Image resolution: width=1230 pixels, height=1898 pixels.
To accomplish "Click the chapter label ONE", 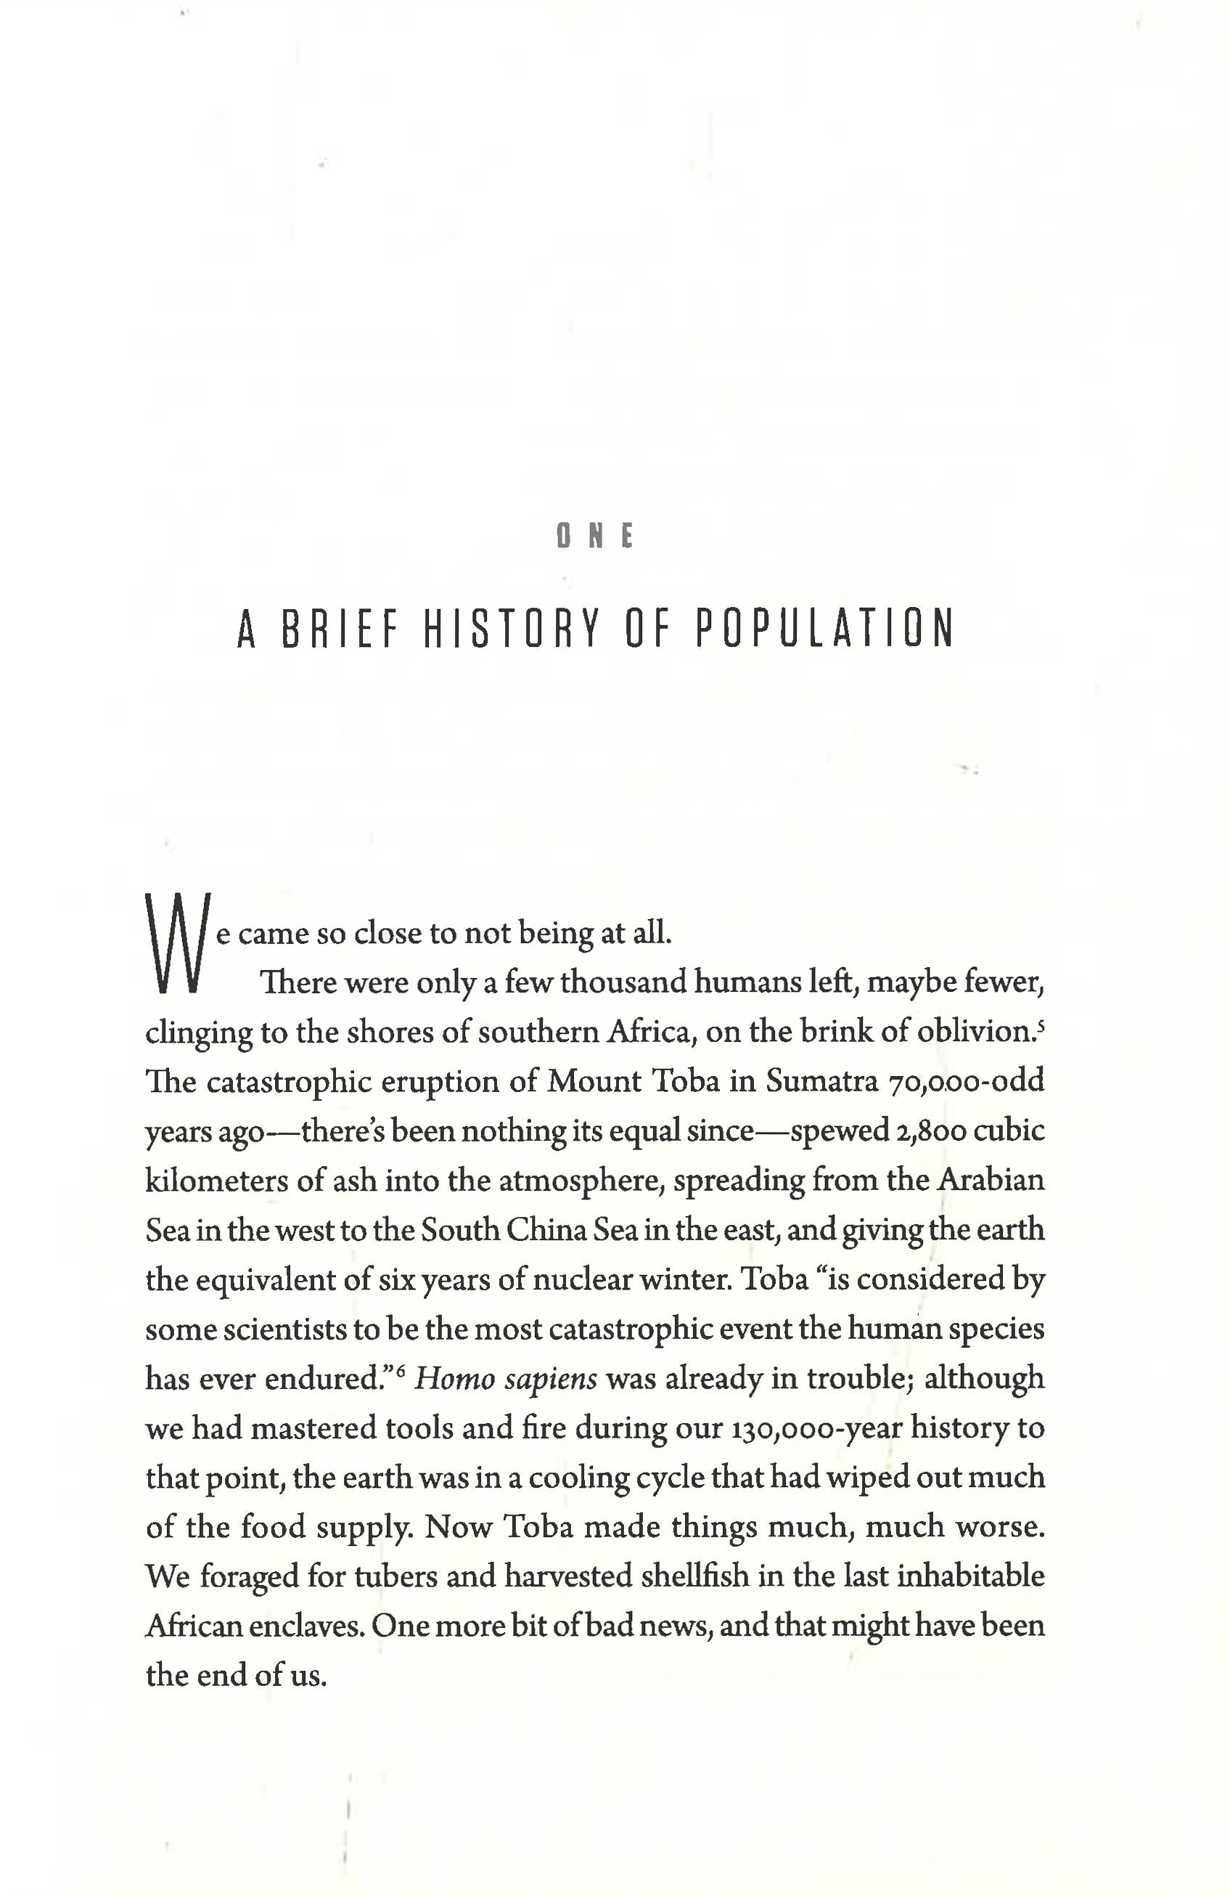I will pos(594,535).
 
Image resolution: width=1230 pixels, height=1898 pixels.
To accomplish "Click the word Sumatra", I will pos(822,1081).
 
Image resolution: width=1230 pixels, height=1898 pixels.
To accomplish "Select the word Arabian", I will pos(990,1181).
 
